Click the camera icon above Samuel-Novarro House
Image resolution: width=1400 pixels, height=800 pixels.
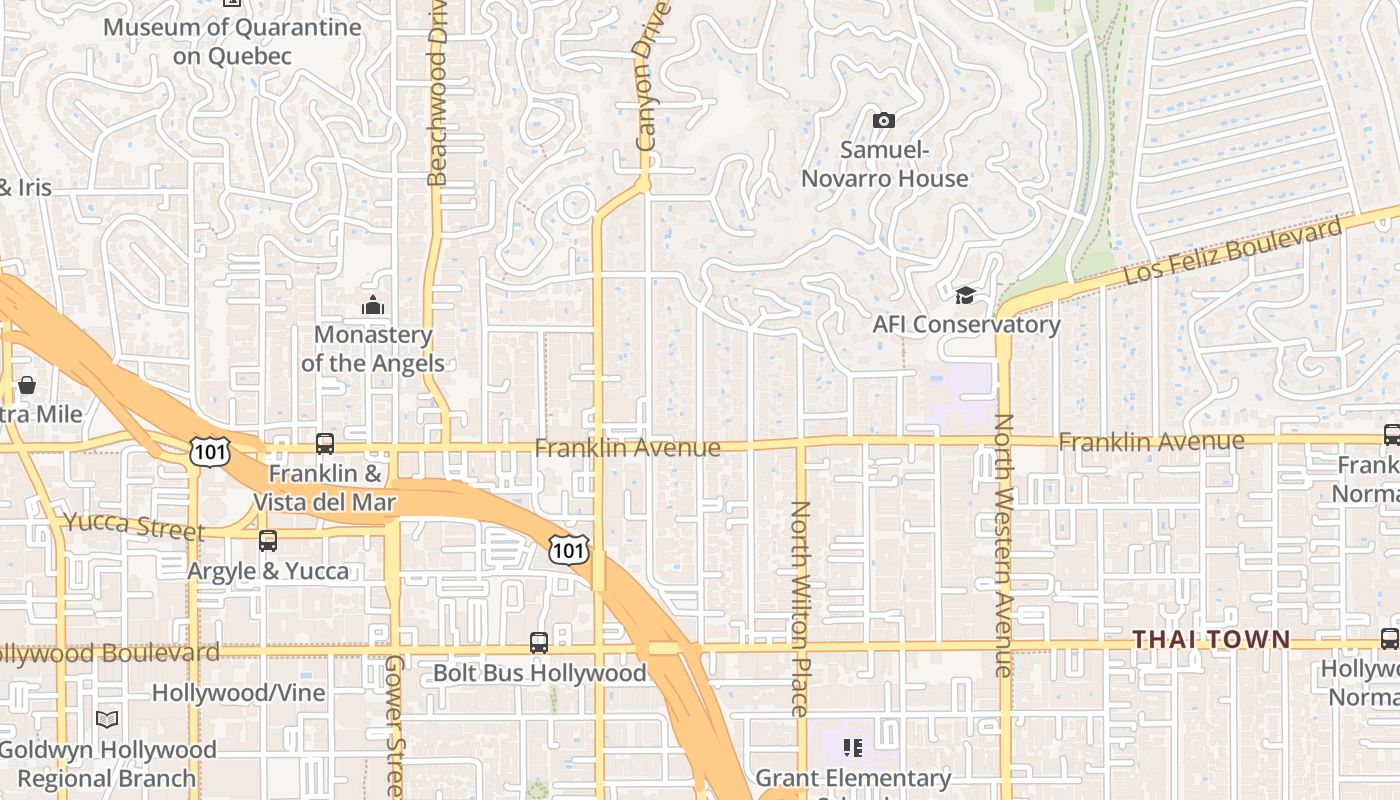883,121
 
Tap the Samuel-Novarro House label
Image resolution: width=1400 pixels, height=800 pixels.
884,165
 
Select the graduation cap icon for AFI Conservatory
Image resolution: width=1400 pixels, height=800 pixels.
965,295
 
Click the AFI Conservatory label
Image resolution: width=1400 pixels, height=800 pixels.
966,324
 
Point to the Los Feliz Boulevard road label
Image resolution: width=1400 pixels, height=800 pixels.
1232,250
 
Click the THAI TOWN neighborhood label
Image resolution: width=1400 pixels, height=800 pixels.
1211,638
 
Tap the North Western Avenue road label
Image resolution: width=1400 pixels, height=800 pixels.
1004,545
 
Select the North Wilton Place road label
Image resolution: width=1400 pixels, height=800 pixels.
800,608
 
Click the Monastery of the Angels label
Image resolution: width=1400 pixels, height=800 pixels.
373,348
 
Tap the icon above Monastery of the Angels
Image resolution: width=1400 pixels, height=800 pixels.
373,305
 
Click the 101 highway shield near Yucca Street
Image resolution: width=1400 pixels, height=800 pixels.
209,452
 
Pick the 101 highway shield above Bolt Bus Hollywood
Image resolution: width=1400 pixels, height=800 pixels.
568,549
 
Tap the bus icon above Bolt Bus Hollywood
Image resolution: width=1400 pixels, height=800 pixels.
539,643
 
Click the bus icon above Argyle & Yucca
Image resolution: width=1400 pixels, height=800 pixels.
268,541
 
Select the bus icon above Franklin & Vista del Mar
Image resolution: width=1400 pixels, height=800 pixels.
325,444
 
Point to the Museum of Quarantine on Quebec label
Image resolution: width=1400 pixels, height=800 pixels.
232,41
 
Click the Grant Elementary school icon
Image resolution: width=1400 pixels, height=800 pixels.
852,747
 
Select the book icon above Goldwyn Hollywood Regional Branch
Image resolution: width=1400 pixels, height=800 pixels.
107,719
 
